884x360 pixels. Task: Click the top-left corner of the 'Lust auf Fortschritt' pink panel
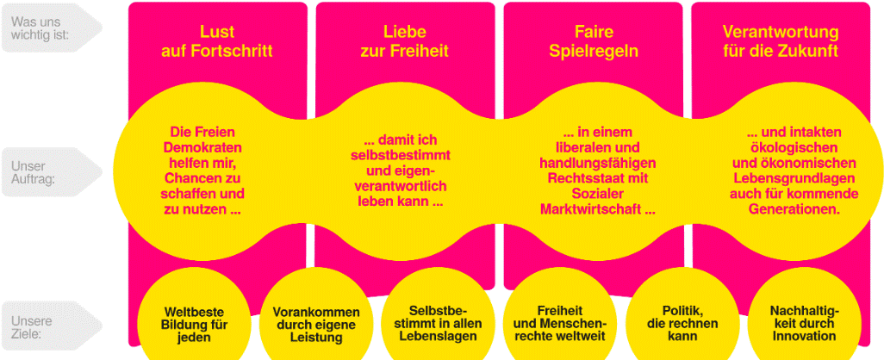(129, 3)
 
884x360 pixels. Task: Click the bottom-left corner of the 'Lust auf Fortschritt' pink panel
(129, 345)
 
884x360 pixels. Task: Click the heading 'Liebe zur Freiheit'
(405, 41)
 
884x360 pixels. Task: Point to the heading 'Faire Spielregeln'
(594, 41)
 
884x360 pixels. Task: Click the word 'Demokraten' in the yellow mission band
(202, 148)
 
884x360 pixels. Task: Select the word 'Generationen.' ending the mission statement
(794, 209)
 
